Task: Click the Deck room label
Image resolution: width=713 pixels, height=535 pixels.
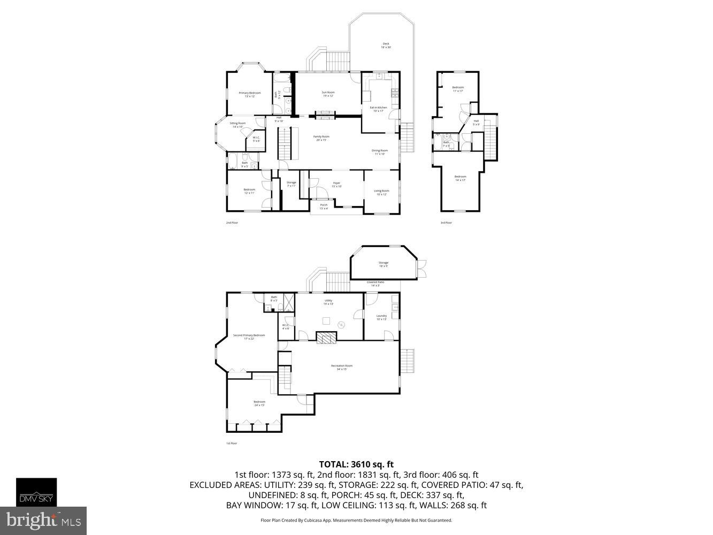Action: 386,45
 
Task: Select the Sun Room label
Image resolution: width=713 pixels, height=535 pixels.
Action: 328,94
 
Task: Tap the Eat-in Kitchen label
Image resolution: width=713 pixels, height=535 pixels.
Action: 378,109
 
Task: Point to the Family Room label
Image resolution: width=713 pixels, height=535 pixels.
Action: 321,138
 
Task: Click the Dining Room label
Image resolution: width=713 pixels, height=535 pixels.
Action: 379,152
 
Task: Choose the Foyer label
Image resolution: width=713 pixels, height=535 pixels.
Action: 336,185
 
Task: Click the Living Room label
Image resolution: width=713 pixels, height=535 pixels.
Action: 381,192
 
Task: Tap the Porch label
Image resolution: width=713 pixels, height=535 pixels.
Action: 324,206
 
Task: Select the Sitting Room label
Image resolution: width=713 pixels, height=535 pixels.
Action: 237,125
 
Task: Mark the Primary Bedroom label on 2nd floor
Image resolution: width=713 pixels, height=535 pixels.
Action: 249,94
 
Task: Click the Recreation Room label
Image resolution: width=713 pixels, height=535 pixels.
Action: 341,367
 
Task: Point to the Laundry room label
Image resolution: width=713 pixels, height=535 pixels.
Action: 381,317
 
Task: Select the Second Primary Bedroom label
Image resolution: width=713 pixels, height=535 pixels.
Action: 249,337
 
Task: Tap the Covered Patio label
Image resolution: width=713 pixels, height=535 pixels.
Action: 375,284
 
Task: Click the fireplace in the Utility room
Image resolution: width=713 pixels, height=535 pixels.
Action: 326,337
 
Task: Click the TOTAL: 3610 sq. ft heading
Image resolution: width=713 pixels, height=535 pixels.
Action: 356,464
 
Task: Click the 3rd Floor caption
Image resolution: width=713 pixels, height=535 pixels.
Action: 446,223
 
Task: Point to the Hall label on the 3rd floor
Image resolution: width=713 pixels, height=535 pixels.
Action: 476,123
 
